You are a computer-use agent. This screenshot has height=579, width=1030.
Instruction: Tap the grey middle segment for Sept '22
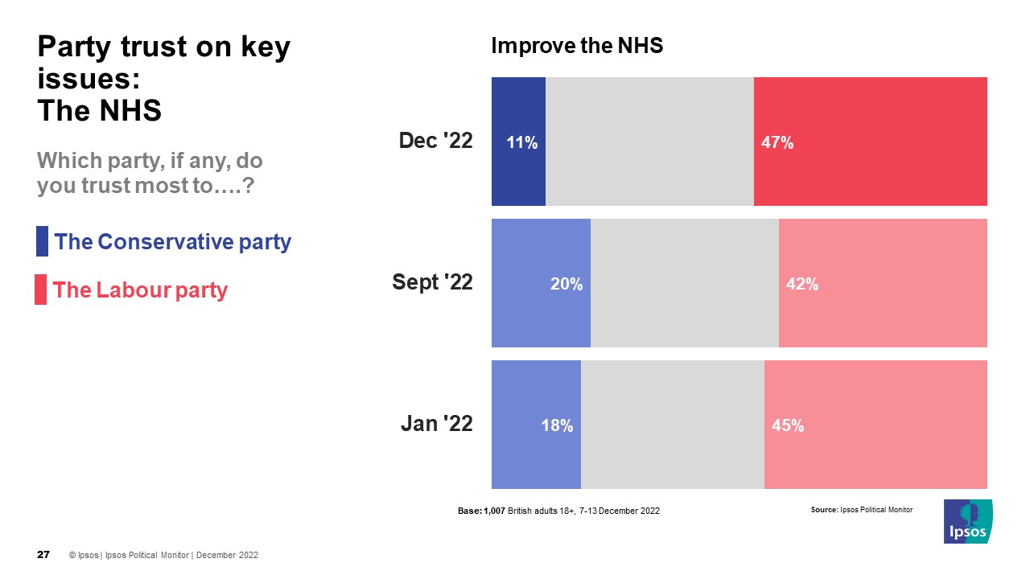click(685, 283)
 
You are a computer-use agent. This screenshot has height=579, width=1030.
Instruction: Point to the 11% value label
click(521, 143)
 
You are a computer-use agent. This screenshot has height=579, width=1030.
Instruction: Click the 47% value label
click(777, 143)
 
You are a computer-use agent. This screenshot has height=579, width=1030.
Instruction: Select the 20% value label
click(566, 284)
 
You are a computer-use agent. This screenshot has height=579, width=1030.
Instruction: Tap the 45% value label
click(788, 426)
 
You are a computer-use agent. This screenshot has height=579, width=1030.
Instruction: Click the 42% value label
click(802, 284)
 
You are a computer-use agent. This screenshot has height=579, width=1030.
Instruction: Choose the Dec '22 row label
click(436, 141)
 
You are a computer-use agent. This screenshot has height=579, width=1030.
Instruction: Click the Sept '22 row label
click(432, 282)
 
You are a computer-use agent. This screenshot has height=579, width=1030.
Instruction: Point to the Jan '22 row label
click(437, 424)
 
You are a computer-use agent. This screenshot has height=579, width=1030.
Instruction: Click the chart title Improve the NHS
click(577, 47)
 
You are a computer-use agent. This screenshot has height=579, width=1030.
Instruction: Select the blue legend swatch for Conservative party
click(42, 241)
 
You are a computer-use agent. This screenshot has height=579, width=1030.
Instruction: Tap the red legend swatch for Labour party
click(40, 289)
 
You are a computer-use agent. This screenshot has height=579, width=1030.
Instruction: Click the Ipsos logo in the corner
click(968, 521)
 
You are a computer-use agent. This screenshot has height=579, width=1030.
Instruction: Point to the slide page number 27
click(44, 555)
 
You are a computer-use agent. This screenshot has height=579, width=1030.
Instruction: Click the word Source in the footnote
click(824, 510)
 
